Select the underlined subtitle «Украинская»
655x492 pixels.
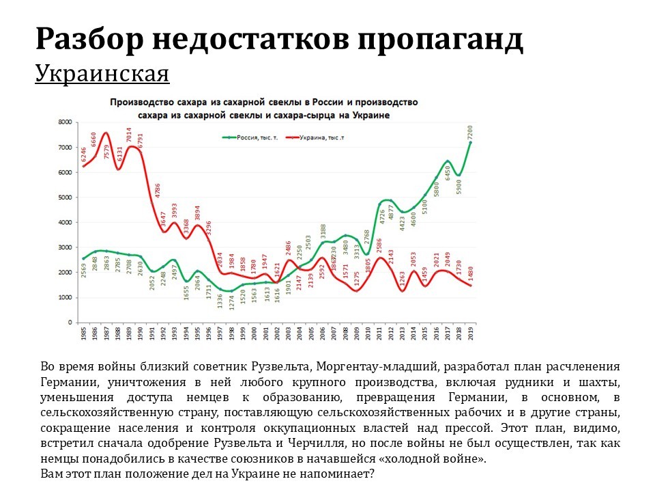[102, 73]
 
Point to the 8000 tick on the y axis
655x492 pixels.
[65, 122]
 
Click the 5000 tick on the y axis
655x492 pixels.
[65, 197]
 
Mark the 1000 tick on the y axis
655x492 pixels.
[65, 298]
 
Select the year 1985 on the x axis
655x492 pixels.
[83, 336]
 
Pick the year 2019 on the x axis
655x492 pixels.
[471, 336]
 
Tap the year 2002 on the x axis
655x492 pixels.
[277, 336]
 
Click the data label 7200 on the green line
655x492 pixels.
[470, 131]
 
